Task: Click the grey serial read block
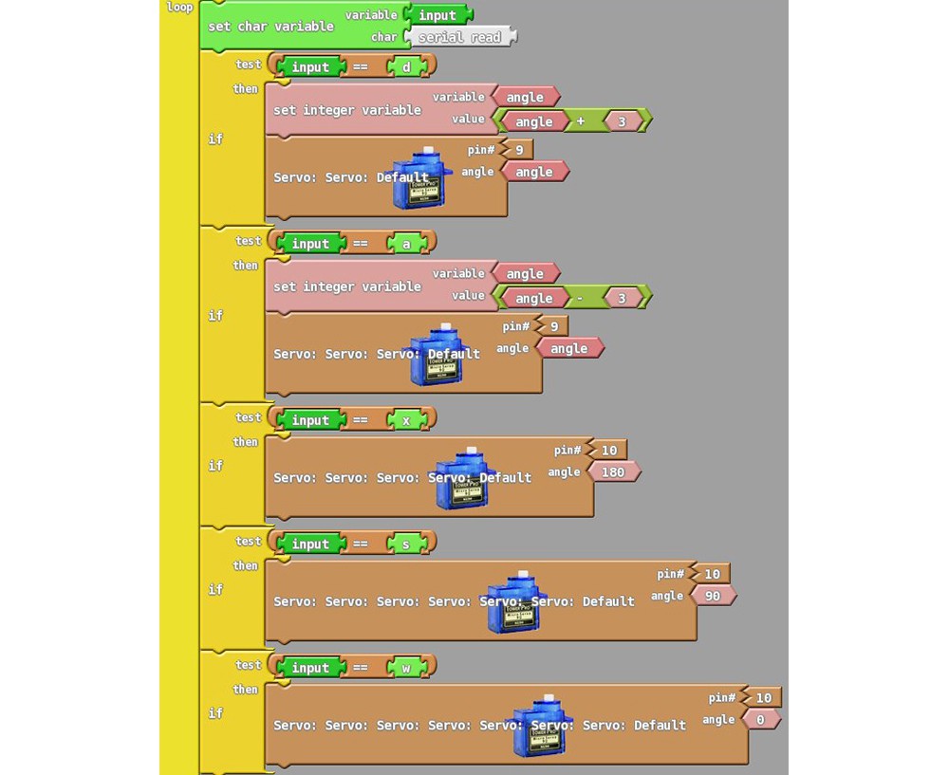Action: pyautogui.click(x=460, y=38)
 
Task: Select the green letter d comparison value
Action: pyautogui.click(x=407, y=67)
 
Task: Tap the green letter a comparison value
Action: pyautogui.click(x=407, y=244)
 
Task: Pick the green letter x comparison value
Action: pyautogui.click(x=407, y=420)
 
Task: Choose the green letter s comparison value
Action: pyautogui.click(x=407, y=544)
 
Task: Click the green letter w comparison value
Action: pyautogui.click(x=407, y=668)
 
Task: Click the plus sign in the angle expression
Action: pyautogui.click(x=580, y=121)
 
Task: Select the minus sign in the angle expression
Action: pyautogui.click(x=580, y=298)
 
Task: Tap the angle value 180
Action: pyautogui.click(x=613, y=471)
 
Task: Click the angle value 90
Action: pyautogui.click(x=713, y=596)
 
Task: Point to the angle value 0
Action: pyautogui.click(x=760, y=719)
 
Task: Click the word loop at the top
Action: pyautogui.click(x=179, y=8)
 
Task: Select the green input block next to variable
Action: pyautogui.click(x=437, y=15)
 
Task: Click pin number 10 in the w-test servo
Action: pyautogui.click(x=763, y=697)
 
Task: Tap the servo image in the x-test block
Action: pyautogui.click(x=462, y=479)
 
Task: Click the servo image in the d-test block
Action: pyautogui.click(x=421, y=178)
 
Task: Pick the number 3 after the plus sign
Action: pyautogui.click(x=623, y=121)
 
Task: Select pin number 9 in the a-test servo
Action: pyautogui.click(x=554, y=326)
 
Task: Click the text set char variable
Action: pyautogui.click(x=270, y=27)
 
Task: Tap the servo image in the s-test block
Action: pyautogui.click(x=513, y=603)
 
